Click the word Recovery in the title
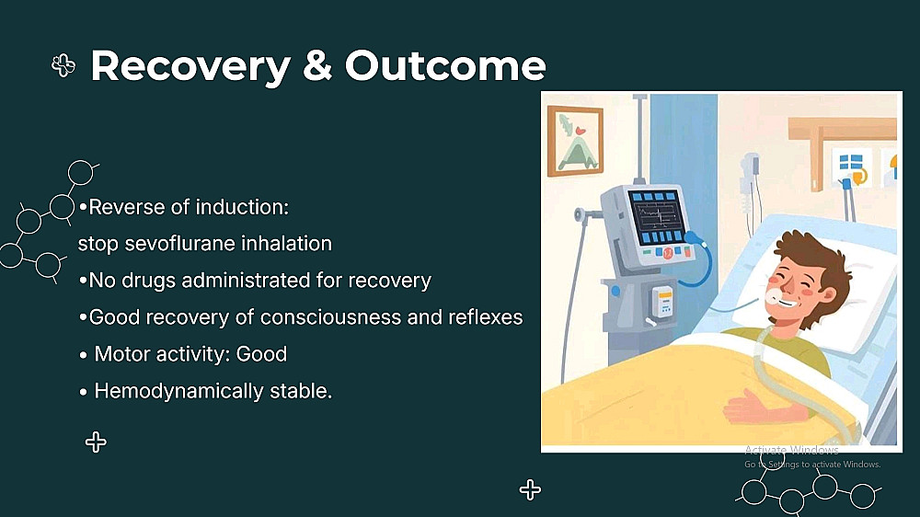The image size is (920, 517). (190, 66)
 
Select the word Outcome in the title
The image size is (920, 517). (445, 65)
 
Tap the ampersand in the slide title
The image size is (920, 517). (317, 65)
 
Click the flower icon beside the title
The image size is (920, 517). (63, 65)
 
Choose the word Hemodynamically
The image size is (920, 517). (179, 391)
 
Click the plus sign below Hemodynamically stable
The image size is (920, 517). (96, 442)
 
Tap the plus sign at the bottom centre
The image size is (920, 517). (530, 489)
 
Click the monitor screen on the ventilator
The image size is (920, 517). (657, 218)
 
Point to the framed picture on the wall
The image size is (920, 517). (575, 141)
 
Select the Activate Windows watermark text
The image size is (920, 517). (791, 450)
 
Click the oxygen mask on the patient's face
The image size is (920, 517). (775, 295)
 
